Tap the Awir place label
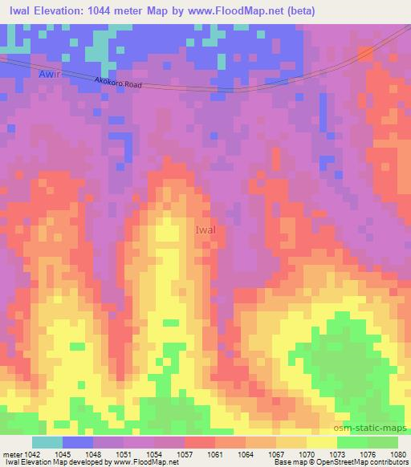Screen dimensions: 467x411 pyautogui.click(x=50, y=75)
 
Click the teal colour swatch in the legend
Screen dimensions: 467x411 pyautogui.click(x=47, y=442)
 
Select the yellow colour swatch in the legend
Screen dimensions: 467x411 pyautogui.click(x=322, y=442)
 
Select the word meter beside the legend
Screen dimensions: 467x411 pyautogui.click(x=12, y=454)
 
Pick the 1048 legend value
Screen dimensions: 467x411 pyautogui.click(x=95, y=454)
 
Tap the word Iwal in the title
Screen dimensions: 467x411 pyautogui.click(x=18, y=11)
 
